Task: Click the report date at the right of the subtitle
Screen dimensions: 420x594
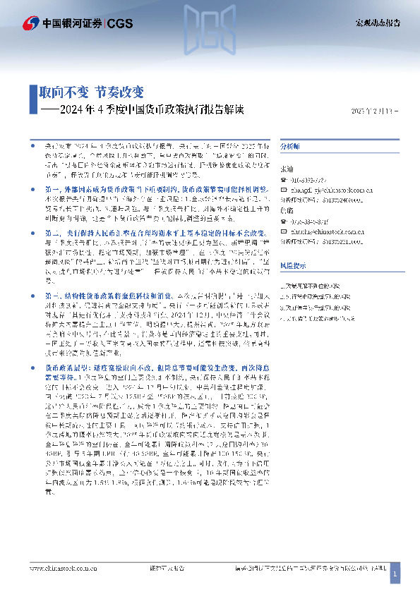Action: click(x=377, y=111)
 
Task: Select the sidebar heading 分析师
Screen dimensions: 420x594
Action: click(x=290, y=146)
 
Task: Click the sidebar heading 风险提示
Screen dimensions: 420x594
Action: click(x=293, y=265)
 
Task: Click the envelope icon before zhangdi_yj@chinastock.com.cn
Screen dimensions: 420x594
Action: click(x=283, y=189)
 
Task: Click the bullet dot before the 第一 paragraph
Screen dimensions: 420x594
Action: click(x=32, y=190)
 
